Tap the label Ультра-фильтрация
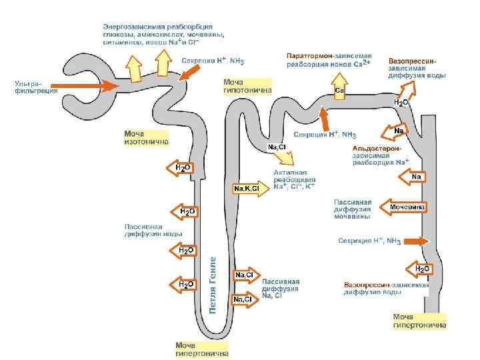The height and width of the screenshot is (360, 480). (x=31, y=87)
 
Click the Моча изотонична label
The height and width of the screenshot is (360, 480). (x=146, y=137)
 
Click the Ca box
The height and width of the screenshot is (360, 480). (x=339, y=91)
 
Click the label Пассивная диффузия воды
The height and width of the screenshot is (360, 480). (x=153, y=231)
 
